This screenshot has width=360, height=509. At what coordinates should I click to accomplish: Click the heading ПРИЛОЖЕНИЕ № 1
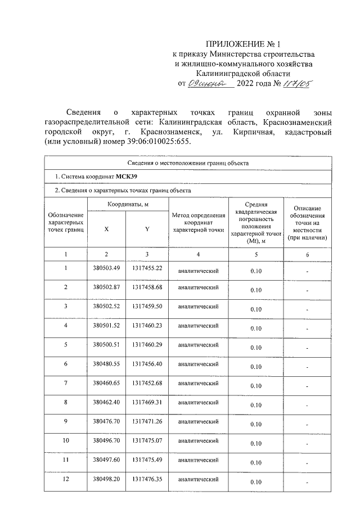(x=243, y=43)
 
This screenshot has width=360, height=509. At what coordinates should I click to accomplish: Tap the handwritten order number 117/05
(x=296, y=84)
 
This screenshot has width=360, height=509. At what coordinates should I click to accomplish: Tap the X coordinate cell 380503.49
(x=106, y=268)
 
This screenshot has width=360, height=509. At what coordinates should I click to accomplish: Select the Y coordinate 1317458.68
(x=147, y=287)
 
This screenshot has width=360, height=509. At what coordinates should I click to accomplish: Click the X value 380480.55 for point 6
(x=106, y=364)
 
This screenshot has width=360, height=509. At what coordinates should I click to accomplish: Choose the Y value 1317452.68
(x=147, y=383)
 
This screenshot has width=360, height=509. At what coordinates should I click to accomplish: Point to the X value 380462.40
(x=106, y=402)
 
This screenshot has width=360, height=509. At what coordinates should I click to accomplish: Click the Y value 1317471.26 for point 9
(x=147, y=421)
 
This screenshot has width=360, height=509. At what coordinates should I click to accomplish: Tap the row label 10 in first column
(x=66, y=440)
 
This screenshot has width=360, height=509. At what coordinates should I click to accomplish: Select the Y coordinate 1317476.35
(x=147, y=479)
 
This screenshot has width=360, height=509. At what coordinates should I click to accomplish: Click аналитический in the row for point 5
(x=198, y=345)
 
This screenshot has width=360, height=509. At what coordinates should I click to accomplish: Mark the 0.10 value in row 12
(x=256, y=482)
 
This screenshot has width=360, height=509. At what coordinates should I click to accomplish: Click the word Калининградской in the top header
(x=243, y=73)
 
